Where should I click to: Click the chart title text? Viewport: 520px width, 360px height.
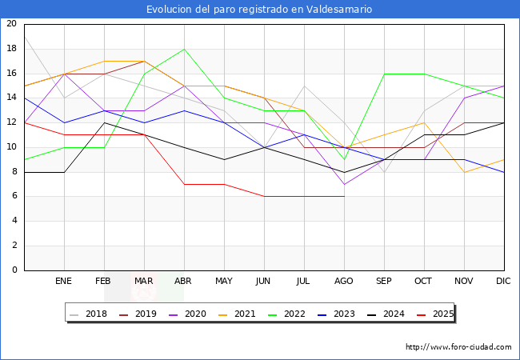click(259, 10)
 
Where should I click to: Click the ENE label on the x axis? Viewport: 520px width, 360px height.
click(64, 282)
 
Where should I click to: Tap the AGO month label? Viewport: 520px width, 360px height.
click(344, 282)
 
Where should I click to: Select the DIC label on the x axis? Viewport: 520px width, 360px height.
click(504, 282)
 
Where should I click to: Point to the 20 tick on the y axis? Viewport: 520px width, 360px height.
click(11, 24)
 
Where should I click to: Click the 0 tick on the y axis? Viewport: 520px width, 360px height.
click(14, 270)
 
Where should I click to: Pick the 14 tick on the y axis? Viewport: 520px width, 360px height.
click(11, 98)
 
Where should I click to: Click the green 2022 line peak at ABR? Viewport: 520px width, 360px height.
click(184, 49)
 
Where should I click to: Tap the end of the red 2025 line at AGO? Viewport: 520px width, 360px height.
click(344, 197)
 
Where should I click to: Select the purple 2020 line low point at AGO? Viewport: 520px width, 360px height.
click(344, 184)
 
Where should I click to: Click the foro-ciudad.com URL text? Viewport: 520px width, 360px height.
click(458, 347)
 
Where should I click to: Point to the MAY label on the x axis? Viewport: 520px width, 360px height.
click(224, 282)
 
